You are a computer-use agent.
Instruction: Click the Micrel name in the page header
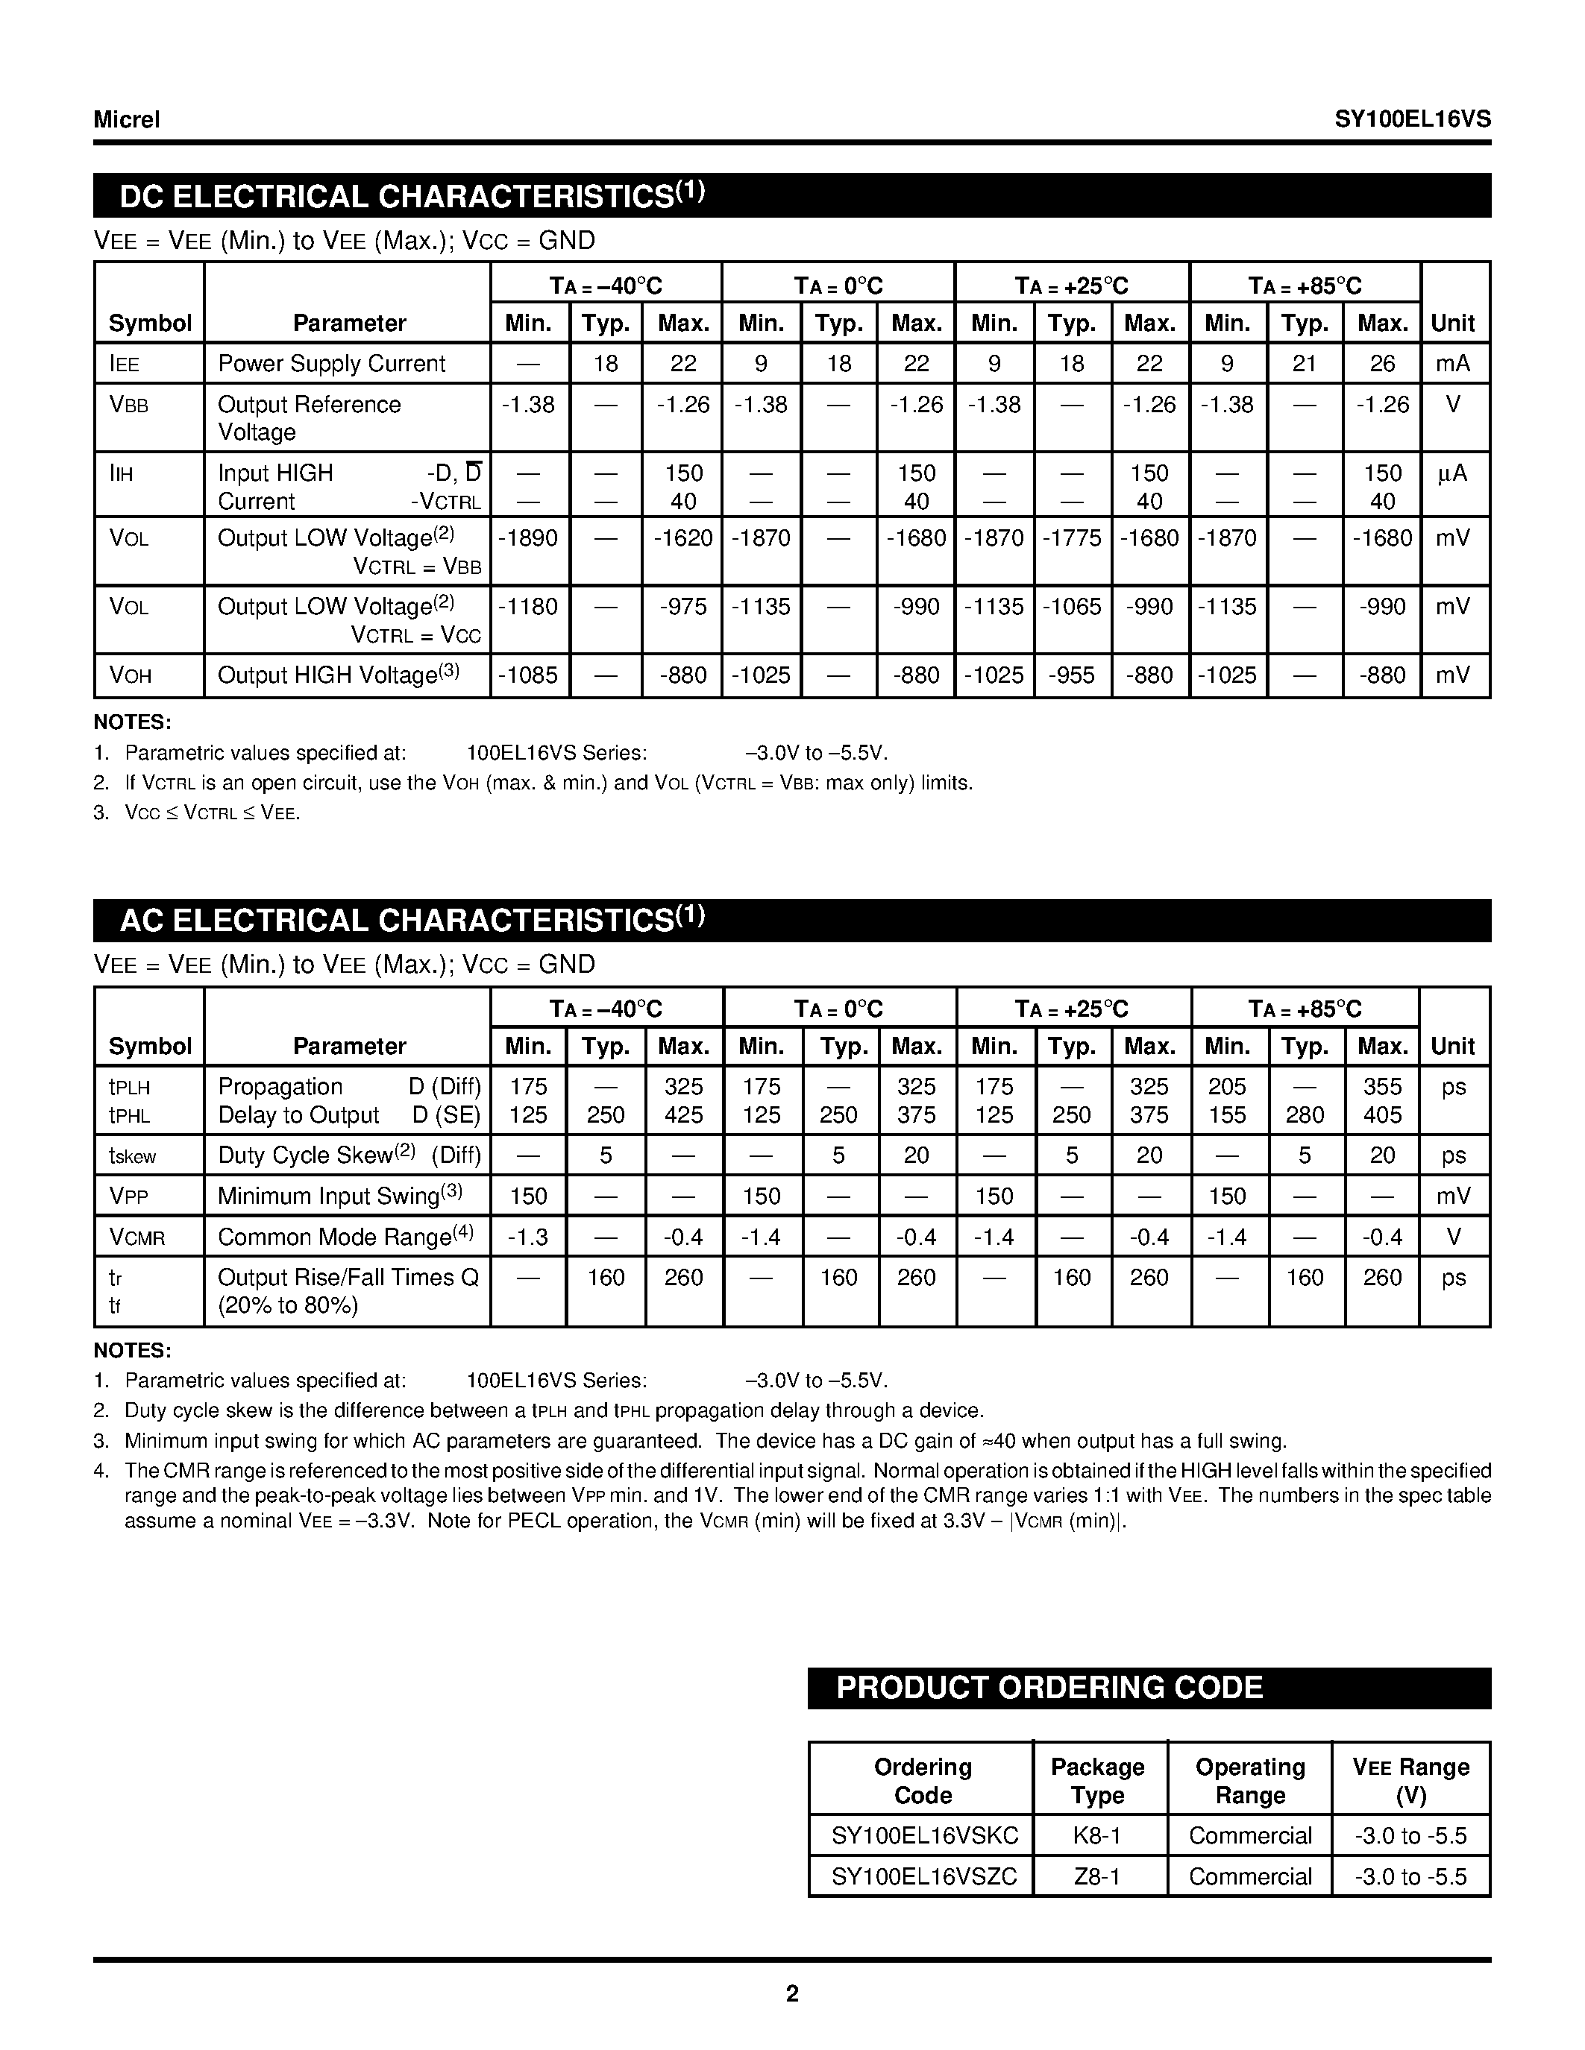click(x=127, y=119)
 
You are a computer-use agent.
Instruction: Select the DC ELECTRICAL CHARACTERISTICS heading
click(x=411, y=195)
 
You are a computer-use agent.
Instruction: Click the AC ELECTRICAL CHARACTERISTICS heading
click(x=411, y=920)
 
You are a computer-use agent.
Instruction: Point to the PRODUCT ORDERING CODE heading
click(x=1049, y=1688)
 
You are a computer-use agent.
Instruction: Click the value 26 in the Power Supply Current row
click(x=1382, y=363)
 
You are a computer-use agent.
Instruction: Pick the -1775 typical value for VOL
click(x=1071, y=537)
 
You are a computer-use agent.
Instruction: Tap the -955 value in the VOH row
click(x=1071, y=675)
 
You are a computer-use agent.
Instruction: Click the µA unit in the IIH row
click(x=1451, y=474)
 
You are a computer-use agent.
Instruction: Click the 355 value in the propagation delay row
click(x=1382, y=1086)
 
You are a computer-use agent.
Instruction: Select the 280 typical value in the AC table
click(x=1305, y=1115)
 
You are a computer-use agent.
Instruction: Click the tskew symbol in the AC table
click(x=133, y=1156)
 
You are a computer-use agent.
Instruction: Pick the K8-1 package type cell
click(x=1096, y=1835)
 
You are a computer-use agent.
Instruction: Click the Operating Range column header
click(x=1250, y=1781)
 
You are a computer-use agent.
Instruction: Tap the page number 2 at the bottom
click(x=791, y=1993)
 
